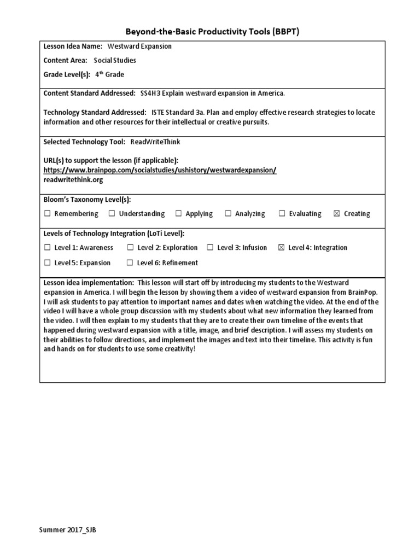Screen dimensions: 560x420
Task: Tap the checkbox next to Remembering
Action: point(47,214)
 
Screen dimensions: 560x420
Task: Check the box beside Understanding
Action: point(112,214)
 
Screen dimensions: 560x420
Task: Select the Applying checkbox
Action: point(178,214)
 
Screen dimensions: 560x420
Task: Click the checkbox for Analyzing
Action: point(228,214)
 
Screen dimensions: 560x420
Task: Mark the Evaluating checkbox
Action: point(282,214)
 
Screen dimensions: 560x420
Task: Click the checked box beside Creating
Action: point(336,214)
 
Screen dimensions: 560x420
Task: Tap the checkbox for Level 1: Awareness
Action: point(47,248)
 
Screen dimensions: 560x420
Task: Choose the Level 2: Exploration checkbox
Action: point(130,248)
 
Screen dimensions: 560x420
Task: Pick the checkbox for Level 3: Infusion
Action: point(210,248)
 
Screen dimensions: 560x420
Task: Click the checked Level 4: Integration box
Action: point(281,248)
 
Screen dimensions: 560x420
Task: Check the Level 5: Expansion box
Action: point(47,263)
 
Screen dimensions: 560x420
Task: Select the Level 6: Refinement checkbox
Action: point(130,263)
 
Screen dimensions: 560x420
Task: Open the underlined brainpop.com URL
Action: point(160,170)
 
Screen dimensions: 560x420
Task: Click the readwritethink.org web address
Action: point(73,179)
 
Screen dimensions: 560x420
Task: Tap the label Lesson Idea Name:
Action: point(72,46)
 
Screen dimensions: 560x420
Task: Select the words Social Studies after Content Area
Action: point(115,61)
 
